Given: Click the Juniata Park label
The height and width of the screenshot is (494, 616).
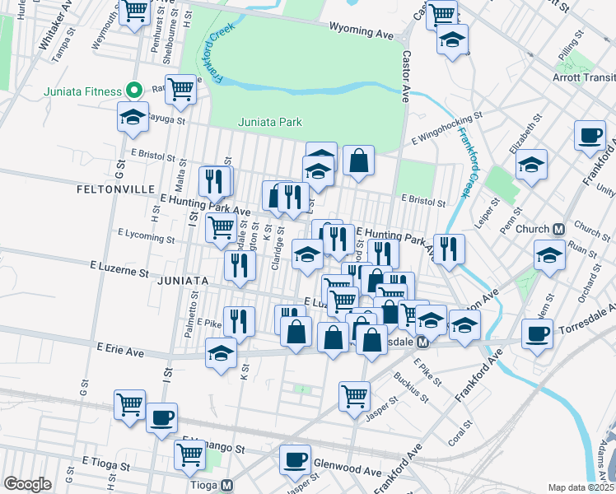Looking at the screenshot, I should (269, 123).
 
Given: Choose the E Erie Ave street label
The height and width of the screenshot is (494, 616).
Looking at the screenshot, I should (120, 352).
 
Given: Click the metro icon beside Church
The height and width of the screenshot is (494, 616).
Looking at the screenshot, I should (558, 228).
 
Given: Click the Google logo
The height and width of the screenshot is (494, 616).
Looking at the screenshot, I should (27, 484).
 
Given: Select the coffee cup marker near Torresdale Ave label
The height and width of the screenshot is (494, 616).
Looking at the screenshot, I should (537, 334).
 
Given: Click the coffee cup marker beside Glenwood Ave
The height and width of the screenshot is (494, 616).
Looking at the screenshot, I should (295, 459).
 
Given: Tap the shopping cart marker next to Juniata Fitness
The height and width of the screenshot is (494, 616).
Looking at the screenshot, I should (180, 89).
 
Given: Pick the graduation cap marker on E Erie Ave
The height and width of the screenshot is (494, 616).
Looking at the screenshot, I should (221, 355).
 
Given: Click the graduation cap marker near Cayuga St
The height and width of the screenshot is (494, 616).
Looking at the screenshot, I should (133, 118).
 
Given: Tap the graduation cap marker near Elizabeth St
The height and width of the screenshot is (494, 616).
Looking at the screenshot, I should (532, 164).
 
